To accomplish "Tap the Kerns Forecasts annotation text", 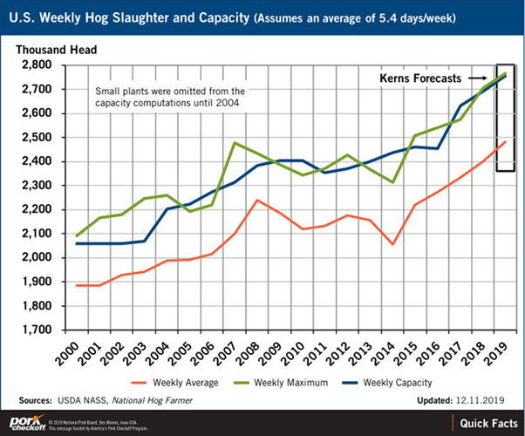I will tap(419, 78).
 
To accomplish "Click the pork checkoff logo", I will tap(23, 421).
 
